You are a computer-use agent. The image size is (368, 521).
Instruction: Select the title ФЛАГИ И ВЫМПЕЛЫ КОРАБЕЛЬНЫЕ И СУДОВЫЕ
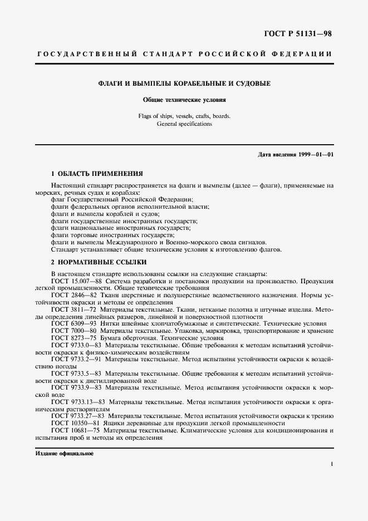point(184,83)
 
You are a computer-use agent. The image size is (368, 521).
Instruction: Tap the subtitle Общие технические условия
point(184,100)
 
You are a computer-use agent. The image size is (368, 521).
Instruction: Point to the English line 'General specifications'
point(184,124)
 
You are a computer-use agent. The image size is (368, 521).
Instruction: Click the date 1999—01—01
point(317,154)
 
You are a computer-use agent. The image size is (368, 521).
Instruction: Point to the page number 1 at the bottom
point(331,464)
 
